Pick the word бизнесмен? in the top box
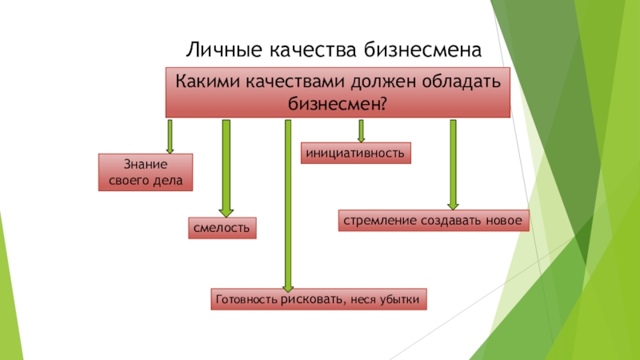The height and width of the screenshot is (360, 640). point(338,103)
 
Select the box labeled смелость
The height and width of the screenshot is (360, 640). point(222,228)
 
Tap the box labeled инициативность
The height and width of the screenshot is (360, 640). point(356,152)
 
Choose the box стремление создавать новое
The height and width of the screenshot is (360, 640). point(432,220)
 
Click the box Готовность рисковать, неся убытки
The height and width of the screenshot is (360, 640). point(319,299)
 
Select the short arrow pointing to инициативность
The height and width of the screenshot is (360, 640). point(362,131)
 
